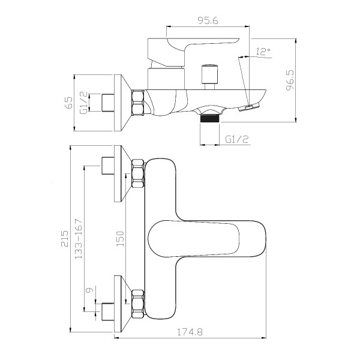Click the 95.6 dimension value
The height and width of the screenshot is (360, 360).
click(x=208, y=20)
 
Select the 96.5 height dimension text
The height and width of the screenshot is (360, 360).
click(x=290, y=80)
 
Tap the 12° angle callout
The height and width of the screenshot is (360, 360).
click(x=263, y=52)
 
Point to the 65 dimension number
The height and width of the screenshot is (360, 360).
click(x=68, y=103)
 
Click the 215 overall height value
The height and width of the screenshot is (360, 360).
click(x=65, y=239)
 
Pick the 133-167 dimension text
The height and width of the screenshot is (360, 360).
click(x=78, y=239)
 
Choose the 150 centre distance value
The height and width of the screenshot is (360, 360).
click(x=120, y=239)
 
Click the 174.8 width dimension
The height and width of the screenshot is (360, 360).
click(x=190, y=332)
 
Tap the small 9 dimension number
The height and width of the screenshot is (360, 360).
click(x=89, y=290)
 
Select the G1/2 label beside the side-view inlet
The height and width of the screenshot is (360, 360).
click(x=83, y=103)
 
